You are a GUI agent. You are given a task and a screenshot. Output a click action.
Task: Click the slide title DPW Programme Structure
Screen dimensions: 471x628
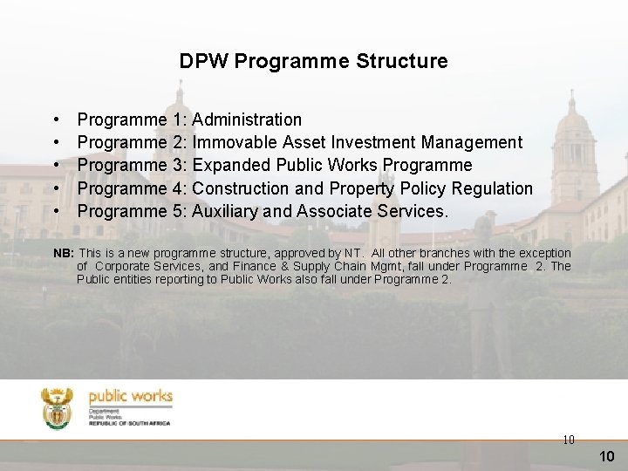point(313,62)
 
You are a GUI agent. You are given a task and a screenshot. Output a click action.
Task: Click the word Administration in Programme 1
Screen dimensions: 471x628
point(247,119)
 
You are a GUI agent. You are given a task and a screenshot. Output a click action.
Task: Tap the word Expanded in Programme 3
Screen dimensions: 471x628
point(229,166)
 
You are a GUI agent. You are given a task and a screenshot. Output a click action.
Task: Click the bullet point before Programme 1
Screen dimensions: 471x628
point(56,119)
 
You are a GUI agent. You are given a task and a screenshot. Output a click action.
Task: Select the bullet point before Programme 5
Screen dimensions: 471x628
point(56,211)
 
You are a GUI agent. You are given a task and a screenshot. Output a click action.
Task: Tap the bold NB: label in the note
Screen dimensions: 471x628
point(64,253)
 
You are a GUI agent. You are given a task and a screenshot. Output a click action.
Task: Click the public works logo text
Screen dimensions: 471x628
point(131,397)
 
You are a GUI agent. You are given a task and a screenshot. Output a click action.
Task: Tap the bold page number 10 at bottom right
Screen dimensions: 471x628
point(607,456)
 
